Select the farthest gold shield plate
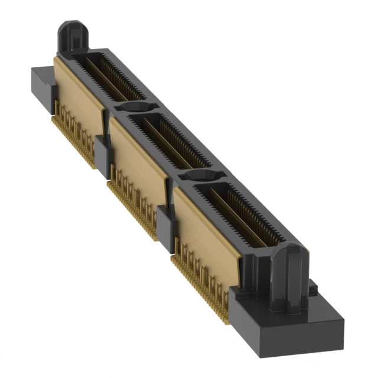(77, 94)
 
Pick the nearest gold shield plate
(204, 227)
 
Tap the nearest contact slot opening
(236, 213)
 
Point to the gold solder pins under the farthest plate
(74, 133)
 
